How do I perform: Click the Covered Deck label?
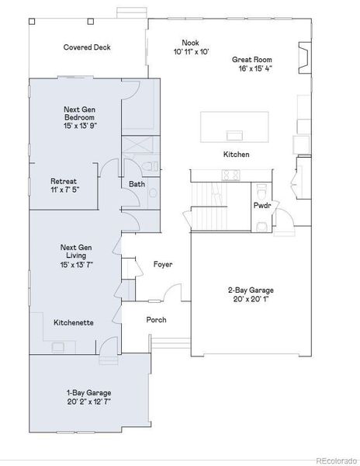pos(87,47)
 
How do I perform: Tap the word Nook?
pos(190,43)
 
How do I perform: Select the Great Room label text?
pos(251,59)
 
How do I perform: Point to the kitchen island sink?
pos(233,126)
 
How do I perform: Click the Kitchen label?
pos(236,155)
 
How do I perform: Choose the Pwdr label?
pos(261,206)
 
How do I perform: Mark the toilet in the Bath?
pos(151,167)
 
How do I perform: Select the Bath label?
pos(137,184)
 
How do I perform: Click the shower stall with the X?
pos(139,145)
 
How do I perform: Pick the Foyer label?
pos(162,265)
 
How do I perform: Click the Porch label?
pos(157,320)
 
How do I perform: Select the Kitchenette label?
pos(74,322)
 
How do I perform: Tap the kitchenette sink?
pos(59,347)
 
